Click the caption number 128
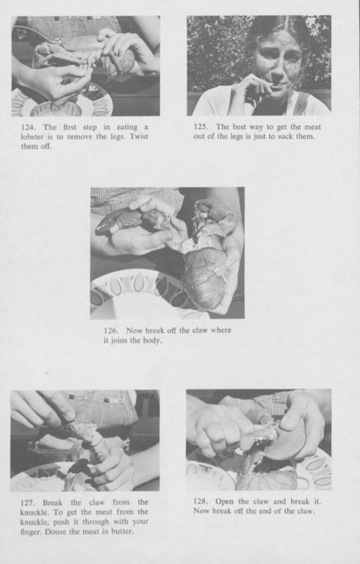pos(201,501)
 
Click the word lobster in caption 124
pos(36,137)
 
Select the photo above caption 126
pos(167,252)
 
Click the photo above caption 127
pos(85,440)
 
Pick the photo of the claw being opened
pos(259,440)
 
